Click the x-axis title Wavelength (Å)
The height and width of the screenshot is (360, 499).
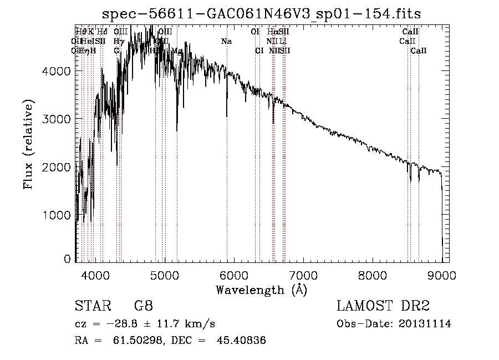coord(261,289)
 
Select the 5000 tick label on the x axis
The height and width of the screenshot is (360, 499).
coord(165,275)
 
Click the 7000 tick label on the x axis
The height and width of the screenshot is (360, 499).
coord(303,275)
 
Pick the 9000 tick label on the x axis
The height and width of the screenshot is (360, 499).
coord(442,275)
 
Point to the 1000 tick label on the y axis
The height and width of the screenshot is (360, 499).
coord(57,215)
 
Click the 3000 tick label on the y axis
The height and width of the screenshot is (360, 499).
coord(57,119)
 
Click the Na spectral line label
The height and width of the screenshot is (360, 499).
coord(226,41)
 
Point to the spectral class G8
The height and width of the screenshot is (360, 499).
coord(143,306)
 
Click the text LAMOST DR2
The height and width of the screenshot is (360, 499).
coord(383,306)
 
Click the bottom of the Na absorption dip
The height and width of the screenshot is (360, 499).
coord(227,116)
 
